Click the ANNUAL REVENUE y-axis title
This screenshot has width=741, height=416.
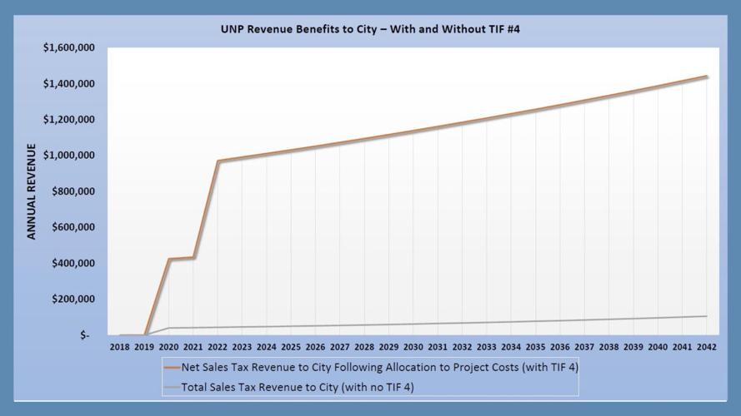point(32,191)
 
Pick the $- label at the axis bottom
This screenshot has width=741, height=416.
point(92,335)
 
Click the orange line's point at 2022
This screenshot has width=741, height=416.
point(218,161)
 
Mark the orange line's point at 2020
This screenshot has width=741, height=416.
point(169,259)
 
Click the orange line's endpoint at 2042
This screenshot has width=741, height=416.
point(707,77)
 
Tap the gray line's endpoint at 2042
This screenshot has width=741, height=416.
point(707,316)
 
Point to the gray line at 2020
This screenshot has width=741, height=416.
point(169,328)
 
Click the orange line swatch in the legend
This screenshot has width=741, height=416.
point(173,366)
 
